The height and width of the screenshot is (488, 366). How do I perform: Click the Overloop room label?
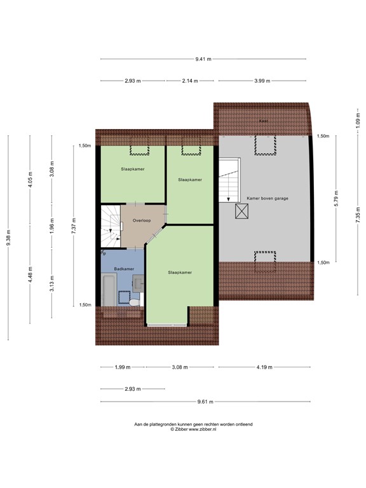[141, 220]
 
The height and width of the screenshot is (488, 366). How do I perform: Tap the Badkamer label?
[124, 269]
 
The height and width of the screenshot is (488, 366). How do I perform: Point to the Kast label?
[262, 120]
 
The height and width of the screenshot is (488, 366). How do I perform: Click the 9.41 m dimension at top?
[203, 59]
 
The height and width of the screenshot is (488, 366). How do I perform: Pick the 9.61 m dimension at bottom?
[205, 402]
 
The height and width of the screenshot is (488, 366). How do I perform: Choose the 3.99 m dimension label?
[262, 81]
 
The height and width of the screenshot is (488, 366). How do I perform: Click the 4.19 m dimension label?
[262, 367]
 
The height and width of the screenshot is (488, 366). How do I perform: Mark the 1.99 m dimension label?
[123, 367]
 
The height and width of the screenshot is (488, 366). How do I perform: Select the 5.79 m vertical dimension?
[336, 197]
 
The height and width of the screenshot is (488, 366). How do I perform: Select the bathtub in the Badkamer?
[108, 291]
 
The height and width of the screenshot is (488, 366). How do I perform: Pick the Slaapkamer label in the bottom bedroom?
[180, 272]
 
